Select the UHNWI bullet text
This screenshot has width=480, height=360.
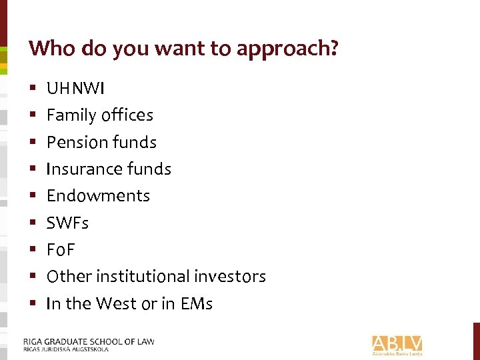(x=75, y=88)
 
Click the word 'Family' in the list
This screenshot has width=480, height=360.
(x=71, y=115)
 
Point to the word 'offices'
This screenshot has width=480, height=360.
(x=127, y=115)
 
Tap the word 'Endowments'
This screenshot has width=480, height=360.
(x=98, y=195)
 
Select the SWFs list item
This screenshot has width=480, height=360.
(x=67, y=223)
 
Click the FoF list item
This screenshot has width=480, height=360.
(x=61, y=249)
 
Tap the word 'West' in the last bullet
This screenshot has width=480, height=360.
(x=116, y=303)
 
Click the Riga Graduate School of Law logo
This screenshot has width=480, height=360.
(x=89, y=344)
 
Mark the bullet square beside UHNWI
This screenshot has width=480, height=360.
(x=32, y=88)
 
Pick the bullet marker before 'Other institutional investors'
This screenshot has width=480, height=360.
(x=32, y=276)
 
